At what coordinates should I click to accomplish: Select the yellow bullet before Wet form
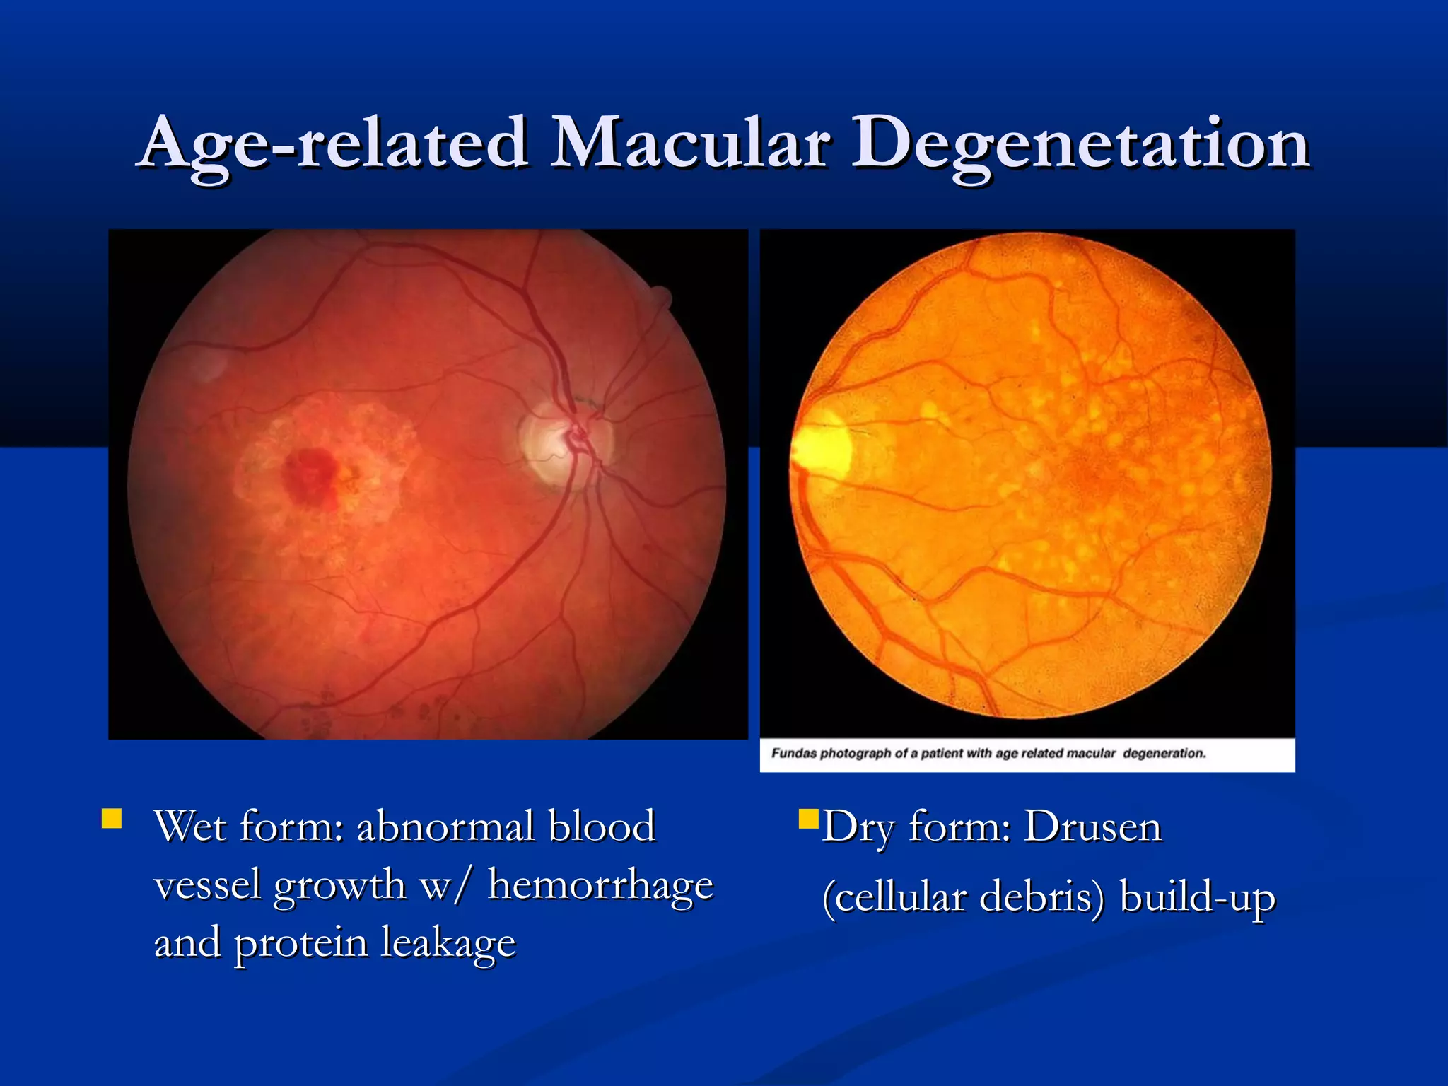click(x=112, y=818)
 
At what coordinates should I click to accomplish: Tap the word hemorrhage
click(x=601, y=884)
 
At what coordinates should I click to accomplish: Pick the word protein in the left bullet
click(x=301, y=943)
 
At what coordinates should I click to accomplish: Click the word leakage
click(x=449, y=945)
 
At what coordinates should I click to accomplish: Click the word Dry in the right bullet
click(x=858, y=827)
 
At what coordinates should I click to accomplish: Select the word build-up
click(x=1198, y=898)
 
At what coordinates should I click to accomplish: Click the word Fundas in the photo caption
click(x=793, y=754)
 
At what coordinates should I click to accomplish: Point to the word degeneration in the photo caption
click(x=1164, y=754)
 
